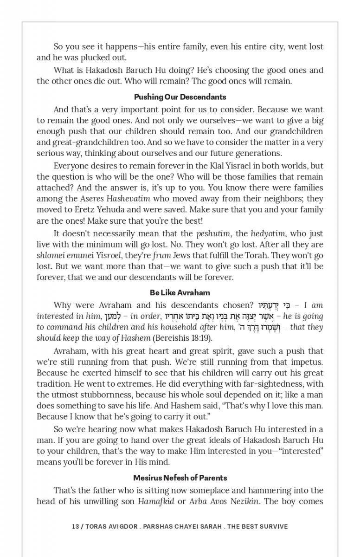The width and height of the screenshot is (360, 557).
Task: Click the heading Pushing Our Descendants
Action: tap(180, 97)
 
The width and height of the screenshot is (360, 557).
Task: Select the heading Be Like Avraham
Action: tap(180, 293)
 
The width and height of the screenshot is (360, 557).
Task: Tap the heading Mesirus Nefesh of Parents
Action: tap(180, 478)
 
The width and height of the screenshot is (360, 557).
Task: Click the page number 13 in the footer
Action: tap(75, 526)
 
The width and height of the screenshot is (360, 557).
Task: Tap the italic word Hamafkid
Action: tap(156, 501)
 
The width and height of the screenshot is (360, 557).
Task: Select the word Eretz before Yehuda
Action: tap(73, 209)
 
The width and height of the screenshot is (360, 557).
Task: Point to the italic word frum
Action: tap(163, 255)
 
